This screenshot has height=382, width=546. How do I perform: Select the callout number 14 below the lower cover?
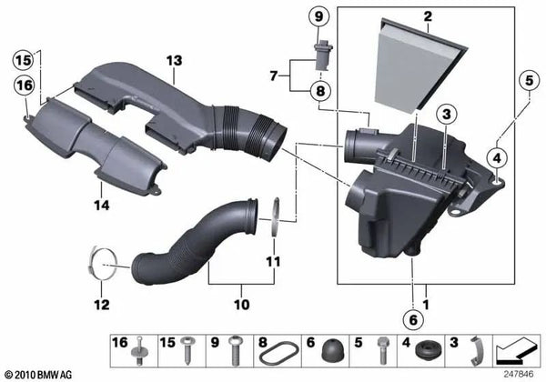(x=102, y=206)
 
